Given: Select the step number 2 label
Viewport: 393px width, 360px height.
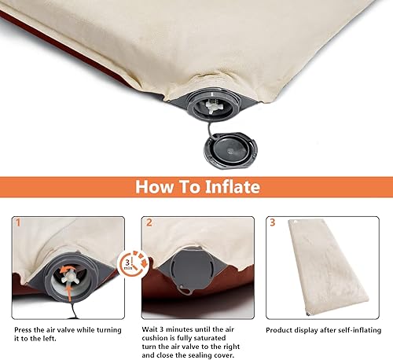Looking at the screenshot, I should pyautogui.click(x=149, y=223).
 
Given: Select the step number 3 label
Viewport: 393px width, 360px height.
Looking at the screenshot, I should pyautogui.click(x=273, y=223).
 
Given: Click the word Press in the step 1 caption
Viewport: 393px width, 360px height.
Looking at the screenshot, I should pyautogui.click(x=24, y=328).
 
